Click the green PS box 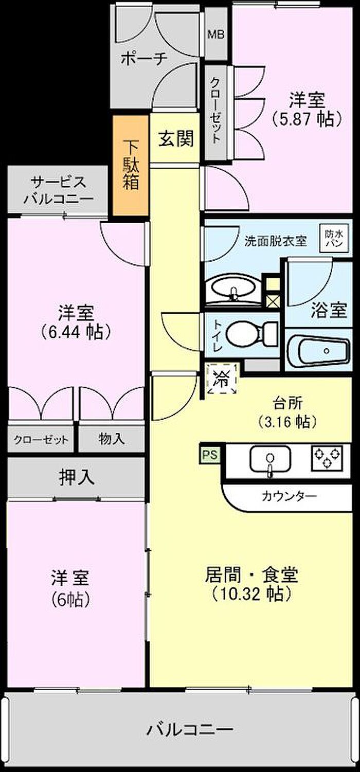pyautogui.click(x=209, y=454)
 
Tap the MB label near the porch pyautogui.click(x=215, y=34)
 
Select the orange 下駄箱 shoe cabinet pyautogui.click(x=131, y=165)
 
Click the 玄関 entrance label pyautogui.click(x=175, y=138)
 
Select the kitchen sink pyautogui.click(x=269, y=457)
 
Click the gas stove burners pyautogui.click(x=327, y=455)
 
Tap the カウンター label pyautogui.click(x=289, y=496)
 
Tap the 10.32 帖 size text pyautogui.click(x=251, y=594)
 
